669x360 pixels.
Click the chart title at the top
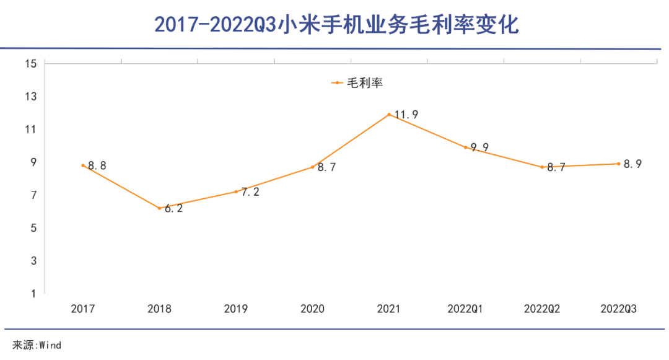pos(335,25)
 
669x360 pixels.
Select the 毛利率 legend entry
pos(357,82)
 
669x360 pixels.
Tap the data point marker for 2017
pos(82,165)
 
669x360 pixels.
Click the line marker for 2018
pos(159,208)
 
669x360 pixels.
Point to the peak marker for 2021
pos(389,115)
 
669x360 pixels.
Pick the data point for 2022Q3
pos(618,164)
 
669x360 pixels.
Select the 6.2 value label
pos(174,209)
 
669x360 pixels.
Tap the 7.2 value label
pos(250,192)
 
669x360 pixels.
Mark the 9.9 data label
pos(480,147)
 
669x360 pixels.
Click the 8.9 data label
pos(632,164)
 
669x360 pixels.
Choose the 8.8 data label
pos(97,165)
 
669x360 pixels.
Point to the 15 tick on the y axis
pos(32,63)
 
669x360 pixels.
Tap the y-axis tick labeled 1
pos(35,294)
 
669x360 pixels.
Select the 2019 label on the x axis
pos(235,309)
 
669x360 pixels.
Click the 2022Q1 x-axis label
pos(465,309)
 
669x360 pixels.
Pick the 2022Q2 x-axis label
pos(542,309)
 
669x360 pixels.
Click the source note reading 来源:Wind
pos(37,345)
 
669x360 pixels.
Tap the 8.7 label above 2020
pos(326,167)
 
